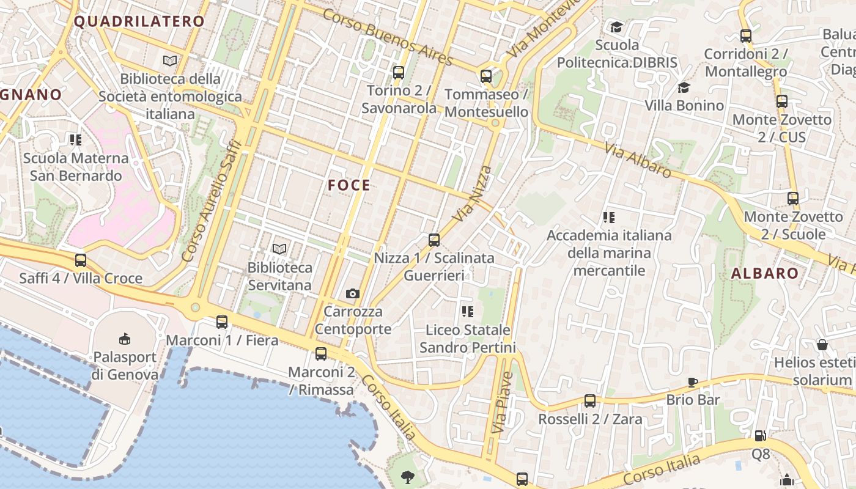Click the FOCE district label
(349, 185)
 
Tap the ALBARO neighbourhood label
(765, 273)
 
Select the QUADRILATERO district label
(139, 21)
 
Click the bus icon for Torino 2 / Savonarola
(399, 73)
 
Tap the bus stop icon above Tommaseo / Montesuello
(486, 76)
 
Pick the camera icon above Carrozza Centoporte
(352, 294)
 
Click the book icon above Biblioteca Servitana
(279, 249)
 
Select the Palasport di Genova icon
(125, 339)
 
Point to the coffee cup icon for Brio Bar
(692, 383)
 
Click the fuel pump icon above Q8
(760, 436)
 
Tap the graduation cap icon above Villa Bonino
(684, 88)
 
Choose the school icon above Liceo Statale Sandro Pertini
(468, 312)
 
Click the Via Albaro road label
(638, 160)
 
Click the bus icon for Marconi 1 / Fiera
(222, 322)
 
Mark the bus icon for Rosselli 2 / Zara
(589, 401)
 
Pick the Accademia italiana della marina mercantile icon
(608, 218)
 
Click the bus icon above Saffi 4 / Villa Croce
(81, 260)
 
